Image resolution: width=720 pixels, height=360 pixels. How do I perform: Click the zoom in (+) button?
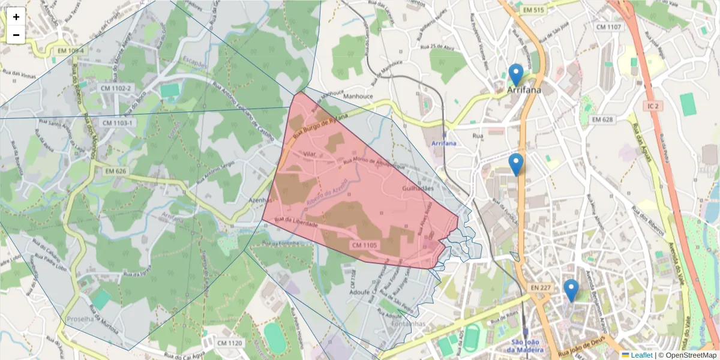[x=16, y=16]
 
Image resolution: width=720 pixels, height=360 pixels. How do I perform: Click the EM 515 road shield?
[x=533, y=10]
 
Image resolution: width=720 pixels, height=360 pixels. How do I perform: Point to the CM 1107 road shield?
[x=608, y=27]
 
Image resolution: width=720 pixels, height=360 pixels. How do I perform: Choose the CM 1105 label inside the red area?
[x=364, y=245]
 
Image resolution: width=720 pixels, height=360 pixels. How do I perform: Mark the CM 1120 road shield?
[x=229, y=343]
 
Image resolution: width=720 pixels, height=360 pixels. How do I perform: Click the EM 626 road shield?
[x=115, y=171]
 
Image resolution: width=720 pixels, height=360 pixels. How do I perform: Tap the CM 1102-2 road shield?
[x=116, y=88]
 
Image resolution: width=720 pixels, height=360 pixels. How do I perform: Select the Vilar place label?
[x=310, y=154]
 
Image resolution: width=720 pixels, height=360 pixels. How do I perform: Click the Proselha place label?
[x=80, y=319]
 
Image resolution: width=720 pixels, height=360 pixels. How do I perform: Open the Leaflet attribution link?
[x=641, y=355]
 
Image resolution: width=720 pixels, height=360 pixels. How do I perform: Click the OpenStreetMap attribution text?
[x=687, y=355]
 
